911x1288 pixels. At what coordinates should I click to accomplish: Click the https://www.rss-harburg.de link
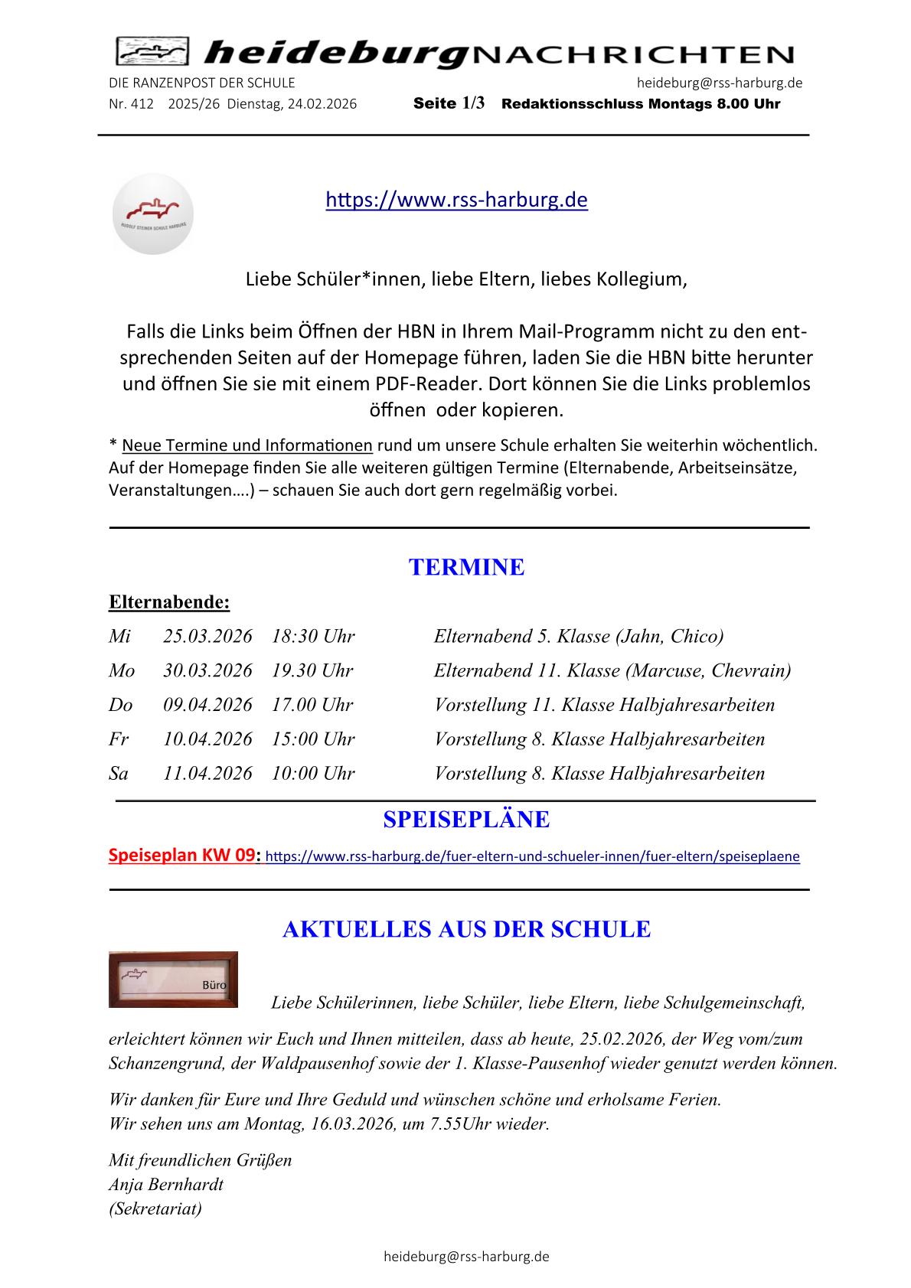pyautogui.click(x=456, y=201)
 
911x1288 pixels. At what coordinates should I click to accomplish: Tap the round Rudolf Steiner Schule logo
pyautogui.click(x=152, y=214)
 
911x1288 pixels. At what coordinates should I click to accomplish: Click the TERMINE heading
pyautogui.click(x=466, y=567)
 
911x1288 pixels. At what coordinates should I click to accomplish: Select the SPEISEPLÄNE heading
pyautogui.click(x=466, y=820)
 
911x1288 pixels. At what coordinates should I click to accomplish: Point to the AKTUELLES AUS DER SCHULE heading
pyautogui.click(x=466, y=929)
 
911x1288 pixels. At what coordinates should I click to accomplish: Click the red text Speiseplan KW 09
pyautogui.click(x=181, y=856)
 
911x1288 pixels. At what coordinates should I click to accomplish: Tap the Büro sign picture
pyautogui.click(x=173, y=979)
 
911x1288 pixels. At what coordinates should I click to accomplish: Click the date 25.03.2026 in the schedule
pyautogui.click(x=207, y=636)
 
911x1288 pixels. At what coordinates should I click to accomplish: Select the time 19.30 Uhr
pyautogui.click(x=312, y=670)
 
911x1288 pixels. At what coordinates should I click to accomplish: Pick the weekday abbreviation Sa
pyautogui.click(x=119, y=773)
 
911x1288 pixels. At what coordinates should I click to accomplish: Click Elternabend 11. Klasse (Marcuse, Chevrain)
pyautogui.click(x=612, y=670)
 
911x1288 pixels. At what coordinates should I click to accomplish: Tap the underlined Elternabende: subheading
pyautogui.click(x=169, y=602)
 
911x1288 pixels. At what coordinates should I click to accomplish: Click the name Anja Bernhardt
pyautogui.click(x=166, y=1185)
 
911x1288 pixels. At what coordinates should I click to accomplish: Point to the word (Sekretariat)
pyautogui.click(x=155, y=1208)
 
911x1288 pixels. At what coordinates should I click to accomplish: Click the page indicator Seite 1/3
pyautogui.click(x=449, y=104)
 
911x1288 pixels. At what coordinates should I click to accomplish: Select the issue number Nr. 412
pyautogui.click(x=131, y=104)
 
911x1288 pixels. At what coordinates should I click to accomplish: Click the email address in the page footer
pyautogui.click(x=466, y=1256)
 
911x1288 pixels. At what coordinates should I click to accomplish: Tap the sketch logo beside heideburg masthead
pyautogui.click(x=152, y=52)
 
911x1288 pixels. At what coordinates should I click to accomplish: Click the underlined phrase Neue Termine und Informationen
pyautogui.click(x=247, y=445)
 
